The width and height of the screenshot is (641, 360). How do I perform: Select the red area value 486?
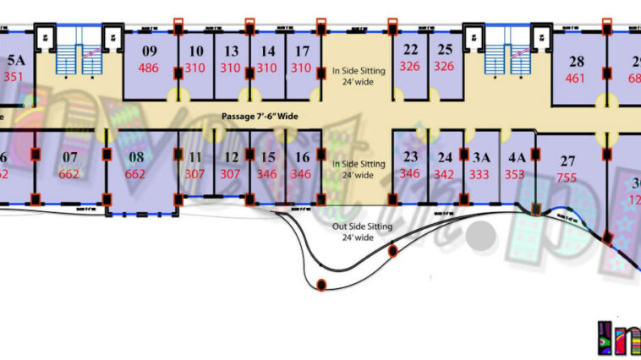pos(149,68)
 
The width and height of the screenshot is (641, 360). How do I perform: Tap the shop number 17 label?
pos(303,51)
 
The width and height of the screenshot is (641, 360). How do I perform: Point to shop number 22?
pos(410,49)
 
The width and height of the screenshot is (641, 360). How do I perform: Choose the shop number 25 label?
pos(445,49)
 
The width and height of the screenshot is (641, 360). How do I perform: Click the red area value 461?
pos(575,79)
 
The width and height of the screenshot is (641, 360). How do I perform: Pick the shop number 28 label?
pos(576,62)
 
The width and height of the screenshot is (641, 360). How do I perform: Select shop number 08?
pos(135,156)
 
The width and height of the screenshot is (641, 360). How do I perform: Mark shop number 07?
pos(70,156)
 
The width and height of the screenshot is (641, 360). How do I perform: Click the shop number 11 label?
pos(195,157)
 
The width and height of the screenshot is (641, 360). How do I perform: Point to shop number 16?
pos(302,157)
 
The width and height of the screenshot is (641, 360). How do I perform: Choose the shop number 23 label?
pos(410,157)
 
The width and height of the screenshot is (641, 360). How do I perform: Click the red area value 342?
pos(445,174)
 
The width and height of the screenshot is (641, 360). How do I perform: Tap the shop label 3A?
pos(481,157)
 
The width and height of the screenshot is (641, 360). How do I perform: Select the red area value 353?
pos(515,174)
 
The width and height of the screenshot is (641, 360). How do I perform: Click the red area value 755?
pos(567,177)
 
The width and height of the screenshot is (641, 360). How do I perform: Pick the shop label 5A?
pos(16,60)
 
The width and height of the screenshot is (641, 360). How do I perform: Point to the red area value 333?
pos(480,174)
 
